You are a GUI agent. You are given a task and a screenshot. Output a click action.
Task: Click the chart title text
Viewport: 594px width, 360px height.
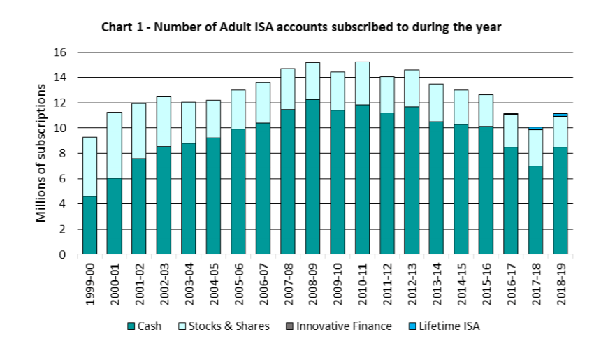(x=301, y=27)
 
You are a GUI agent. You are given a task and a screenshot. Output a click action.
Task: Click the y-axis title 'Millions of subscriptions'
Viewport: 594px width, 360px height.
(x=42, y=153)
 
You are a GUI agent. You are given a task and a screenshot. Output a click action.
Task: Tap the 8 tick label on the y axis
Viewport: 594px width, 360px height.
(x=63, y=154)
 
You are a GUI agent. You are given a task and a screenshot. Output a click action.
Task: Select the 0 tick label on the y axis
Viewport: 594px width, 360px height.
(x=63, y=255)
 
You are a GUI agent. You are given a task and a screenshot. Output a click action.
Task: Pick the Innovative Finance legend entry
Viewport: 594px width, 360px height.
(x=338, y=326)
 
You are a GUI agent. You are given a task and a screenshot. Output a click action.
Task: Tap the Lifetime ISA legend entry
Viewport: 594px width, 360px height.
(x=441, y=326)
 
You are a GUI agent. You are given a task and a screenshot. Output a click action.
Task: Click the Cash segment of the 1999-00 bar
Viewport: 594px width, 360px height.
(x=90, y=225)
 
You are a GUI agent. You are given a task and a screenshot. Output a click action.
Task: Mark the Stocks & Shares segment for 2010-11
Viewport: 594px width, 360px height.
(x=362, y=83)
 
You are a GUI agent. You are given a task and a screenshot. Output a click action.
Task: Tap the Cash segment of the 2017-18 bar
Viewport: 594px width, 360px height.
(x=535, y=210)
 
